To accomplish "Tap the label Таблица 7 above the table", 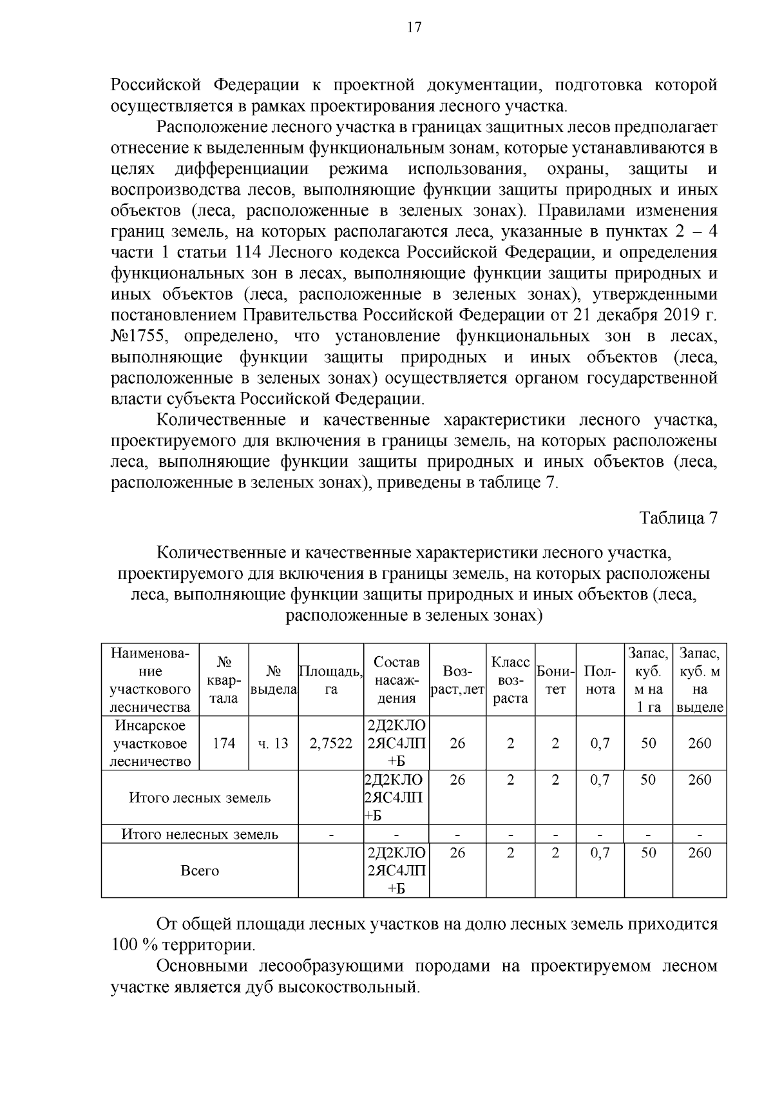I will (x=678, y=518).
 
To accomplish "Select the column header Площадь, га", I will (x=331, y=679).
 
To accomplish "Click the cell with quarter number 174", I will (x=224, y=743).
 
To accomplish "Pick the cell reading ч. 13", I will (x=273, y=743).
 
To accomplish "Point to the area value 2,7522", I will (x=331, y=743).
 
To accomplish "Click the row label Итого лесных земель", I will (x=200, y=797).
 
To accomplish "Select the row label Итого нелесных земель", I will (x=200, y=834).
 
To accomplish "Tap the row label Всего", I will (x=200, y=870).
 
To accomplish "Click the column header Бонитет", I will (x=555, y=679).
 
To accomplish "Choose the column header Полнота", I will (x=599, y=679).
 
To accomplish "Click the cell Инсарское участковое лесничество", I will (x=150, y=743).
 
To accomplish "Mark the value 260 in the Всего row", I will (x=700, y=853).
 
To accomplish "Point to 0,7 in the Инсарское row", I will (x=600, y=743).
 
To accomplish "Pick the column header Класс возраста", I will (x=510, y=679).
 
